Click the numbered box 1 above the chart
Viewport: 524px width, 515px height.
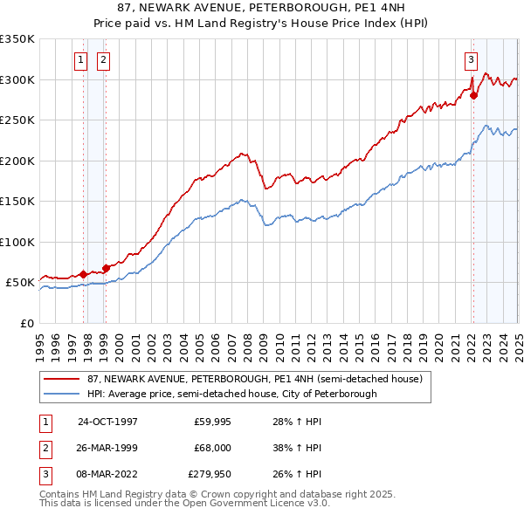pos(80,60)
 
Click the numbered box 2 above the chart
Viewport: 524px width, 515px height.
pos(103,60)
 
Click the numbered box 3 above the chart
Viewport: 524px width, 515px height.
pos(471,60)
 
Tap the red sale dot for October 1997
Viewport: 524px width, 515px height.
pos(84,274)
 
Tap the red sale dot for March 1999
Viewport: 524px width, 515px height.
pos(106,268)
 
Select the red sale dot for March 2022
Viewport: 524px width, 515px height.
pos(474,96)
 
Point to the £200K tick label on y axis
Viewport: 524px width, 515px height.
pos(17,161)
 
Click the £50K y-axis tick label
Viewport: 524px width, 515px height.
pos(20,283)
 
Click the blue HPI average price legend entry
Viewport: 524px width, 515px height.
pos(231,394)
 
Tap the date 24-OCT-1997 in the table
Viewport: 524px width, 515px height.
pos(107,421)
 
